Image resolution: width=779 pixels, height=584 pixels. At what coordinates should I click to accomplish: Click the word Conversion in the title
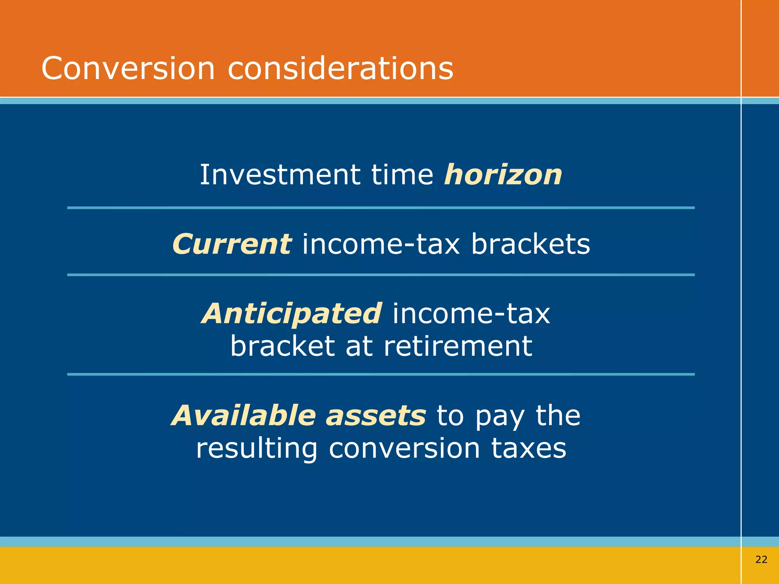point(128,68)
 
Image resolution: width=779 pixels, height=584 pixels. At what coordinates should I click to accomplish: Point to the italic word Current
point(232,244)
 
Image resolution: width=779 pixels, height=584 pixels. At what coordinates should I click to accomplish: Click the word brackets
point(531,244)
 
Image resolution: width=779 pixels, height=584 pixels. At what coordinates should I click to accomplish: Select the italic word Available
point(243,415)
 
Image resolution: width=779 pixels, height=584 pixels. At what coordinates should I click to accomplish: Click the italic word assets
point(376,415)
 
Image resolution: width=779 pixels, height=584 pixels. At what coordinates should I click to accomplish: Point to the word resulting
point(256,449)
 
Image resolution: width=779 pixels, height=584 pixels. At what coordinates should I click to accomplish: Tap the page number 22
point(761,559)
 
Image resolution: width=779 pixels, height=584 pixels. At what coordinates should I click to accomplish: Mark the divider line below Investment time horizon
point(380,208)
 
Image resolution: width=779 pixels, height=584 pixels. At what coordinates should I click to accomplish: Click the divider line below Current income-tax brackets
point(380,275)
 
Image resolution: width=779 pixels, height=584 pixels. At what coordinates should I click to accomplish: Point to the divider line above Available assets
point(380,374)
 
